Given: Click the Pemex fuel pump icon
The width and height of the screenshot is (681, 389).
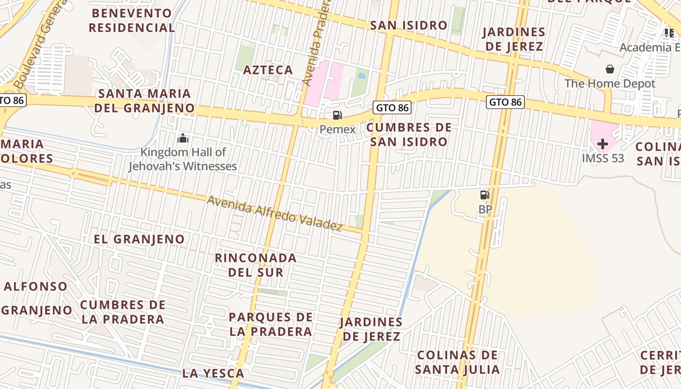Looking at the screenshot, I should [337, 115].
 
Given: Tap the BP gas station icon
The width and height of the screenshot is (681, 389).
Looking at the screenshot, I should [485, 195].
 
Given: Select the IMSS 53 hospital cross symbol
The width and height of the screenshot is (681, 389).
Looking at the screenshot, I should [603, 144].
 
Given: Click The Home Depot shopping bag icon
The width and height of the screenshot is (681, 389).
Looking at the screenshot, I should [609, 70].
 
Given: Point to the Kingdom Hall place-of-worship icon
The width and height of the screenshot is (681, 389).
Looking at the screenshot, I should [183, 139].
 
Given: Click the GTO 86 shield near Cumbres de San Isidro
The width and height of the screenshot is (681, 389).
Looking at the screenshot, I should [392, 107].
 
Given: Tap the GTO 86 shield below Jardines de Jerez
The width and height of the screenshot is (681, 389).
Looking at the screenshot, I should [505, 102].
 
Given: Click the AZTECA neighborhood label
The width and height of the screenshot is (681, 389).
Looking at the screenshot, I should [268, 70].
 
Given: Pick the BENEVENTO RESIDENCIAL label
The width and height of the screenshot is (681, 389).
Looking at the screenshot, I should [131, 20].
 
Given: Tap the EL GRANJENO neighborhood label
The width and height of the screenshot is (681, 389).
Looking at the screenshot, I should [139, 239].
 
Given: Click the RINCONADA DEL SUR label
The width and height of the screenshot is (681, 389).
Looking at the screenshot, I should [256, 265].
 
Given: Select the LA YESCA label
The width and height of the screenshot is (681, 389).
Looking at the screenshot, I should [213, 373].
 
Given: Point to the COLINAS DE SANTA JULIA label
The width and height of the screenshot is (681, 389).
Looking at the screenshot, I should [457, 362].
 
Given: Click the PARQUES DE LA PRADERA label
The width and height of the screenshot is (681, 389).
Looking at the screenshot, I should [270, 324].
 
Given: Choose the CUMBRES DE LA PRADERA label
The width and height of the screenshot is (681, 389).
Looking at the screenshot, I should [123, 312].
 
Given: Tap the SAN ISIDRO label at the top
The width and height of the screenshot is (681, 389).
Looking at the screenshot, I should [409, 25].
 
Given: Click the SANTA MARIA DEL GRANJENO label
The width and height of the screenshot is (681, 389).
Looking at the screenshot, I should [144, 101].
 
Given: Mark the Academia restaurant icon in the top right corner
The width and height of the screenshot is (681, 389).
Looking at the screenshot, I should [669, 33].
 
